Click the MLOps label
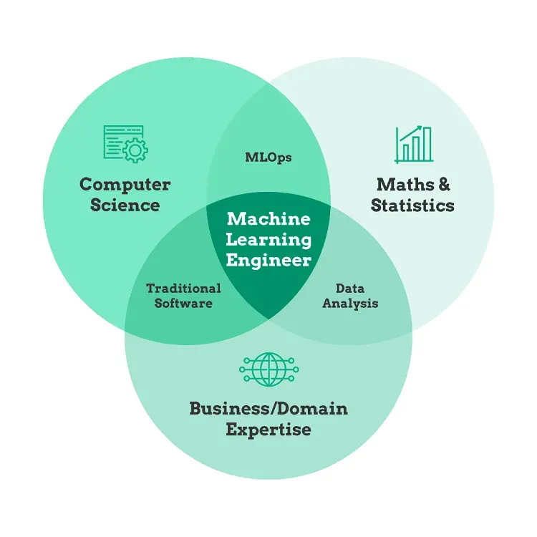click(x=268, y=158)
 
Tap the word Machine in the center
click(x=268, y=218)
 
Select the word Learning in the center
click(x=268, y=239)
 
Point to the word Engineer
click(x=268, y=260)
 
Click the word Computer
click(x=125, y=184)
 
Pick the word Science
click(x=125, y=205)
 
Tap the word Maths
click(x=397, y=184)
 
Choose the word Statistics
click(x=412, y=205)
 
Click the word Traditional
click(x=183, y=289)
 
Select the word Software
click(x=183, y=303)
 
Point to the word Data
click(x=350, y=289)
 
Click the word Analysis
click(x=350, y=303)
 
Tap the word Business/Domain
click(x=268, y=409)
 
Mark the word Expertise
click(x=268, y=430)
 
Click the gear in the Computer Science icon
click(x=135, y=151)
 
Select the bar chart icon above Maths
click(x=414, y=145)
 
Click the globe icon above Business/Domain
click(x=268, y=369)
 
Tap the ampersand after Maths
click(x=444, y=184)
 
